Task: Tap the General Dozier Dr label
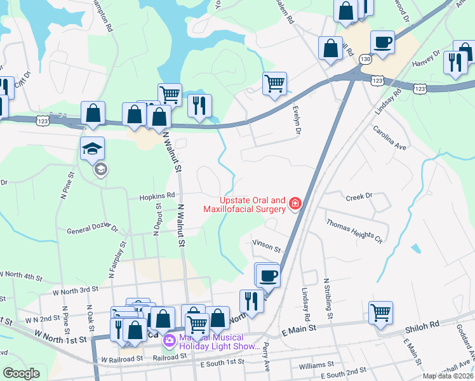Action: coord(93,229)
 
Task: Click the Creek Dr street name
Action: coord(358,197)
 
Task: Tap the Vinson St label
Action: coord(266,245)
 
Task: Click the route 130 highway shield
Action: coord(364,58)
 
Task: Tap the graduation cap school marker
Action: coord(92,149)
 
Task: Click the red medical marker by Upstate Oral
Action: coord(295,203)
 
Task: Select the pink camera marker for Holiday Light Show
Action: coord(169,342)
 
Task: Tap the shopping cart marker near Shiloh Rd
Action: coord(380,312)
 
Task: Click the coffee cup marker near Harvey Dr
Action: coord(382,42)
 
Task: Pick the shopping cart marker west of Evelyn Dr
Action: coord(274,83)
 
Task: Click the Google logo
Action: coord(21,373)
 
